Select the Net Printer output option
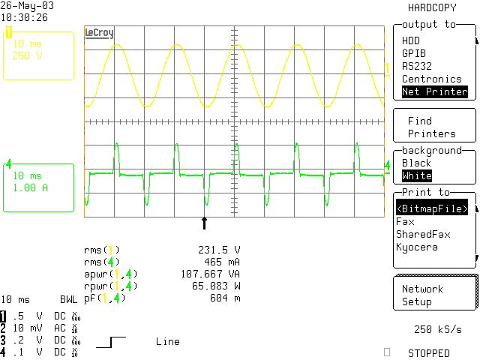(434, 92)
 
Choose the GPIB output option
(415, 53)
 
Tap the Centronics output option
(431, 79)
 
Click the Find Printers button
(431, 127)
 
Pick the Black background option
(417, 163)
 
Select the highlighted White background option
(417, 175)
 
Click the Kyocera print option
(416, 247)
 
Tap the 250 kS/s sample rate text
(437, 330)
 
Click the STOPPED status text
(429, 352)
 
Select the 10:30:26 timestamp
(24, 17)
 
